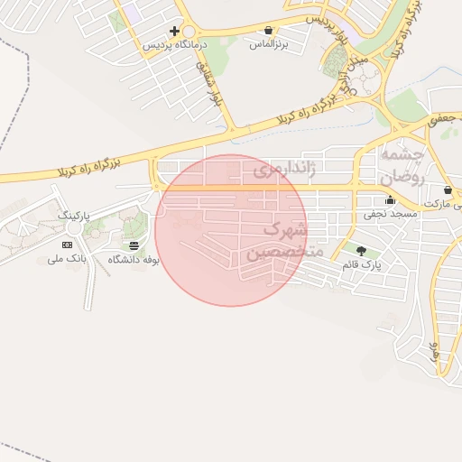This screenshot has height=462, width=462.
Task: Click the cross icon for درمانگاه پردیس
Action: [x=174, y=31]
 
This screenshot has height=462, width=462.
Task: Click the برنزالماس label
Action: [x=269, y=43]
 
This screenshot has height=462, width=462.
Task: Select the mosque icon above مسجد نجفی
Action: [x=390, y=201]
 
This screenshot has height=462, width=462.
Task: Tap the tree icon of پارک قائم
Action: [x=362, y=251]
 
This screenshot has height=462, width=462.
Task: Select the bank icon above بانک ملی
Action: [x=67, y=245]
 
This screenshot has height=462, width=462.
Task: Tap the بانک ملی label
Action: [x=67, y=259]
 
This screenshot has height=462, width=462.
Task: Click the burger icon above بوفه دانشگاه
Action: [x=134, y=245]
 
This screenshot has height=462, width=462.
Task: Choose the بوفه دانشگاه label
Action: [x=134, y=259]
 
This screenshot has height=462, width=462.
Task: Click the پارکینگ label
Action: [x=74, y=217]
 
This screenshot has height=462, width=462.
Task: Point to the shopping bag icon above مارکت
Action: [x=448, y=191]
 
